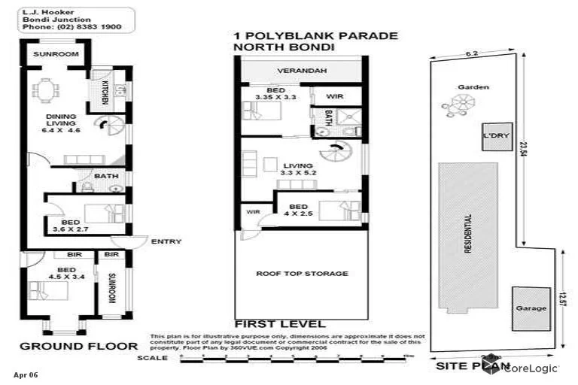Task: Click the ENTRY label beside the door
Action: pyautogui.click(x=166, y=241)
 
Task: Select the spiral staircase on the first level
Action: pyautogui.click(x=332, y=153)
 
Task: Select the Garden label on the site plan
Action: pyautogui.click(x=474, y=87)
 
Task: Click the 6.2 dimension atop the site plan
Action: pyautogui.click(x=472, y=53)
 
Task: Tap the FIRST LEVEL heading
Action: pyautogui.click(x=280, y=324)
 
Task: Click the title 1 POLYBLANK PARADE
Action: pyautogui.click(x=316, y=36)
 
